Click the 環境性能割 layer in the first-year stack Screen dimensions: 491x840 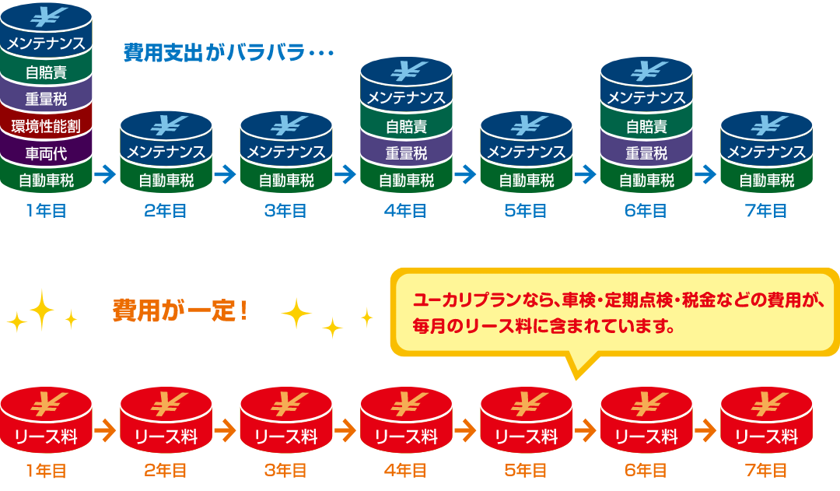coord(46,126)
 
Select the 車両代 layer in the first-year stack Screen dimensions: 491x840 coord(46,153)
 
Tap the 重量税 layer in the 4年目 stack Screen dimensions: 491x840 coord(406,153)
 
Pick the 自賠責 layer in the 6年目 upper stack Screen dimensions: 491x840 coord(646,126)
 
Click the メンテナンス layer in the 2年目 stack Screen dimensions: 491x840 coord(166,152)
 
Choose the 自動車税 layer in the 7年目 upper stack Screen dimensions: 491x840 coord(766,181)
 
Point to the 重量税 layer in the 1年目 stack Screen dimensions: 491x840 coord(46,99)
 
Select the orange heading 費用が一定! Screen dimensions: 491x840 coord(180,311)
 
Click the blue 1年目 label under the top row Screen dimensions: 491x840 coord(46,211)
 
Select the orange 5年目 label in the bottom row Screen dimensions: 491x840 coord(526,470)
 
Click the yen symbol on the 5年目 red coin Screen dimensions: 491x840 coord(526,404)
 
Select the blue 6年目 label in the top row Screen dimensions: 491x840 coord(646,211)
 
